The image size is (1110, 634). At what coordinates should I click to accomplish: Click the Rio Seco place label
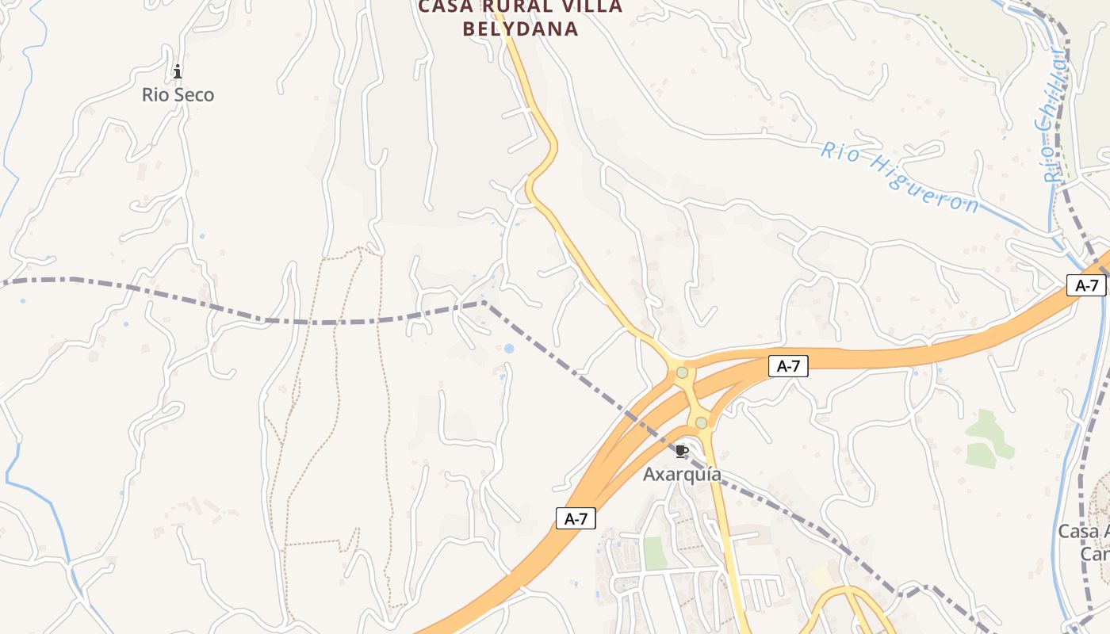[x=178, y=95]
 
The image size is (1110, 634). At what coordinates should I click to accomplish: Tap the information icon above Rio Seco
[x=178, y=72]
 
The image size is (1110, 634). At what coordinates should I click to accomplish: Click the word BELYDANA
[x=520, y=29]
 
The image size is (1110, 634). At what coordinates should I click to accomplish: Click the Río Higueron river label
[x=899, y=177]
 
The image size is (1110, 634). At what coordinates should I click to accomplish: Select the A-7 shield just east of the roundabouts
[x=788, y=366]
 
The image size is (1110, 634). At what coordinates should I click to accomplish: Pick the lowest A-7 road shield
[x=576, y=518]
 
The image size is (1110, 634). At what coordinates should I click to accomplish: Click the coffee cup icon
[x=681, y=452]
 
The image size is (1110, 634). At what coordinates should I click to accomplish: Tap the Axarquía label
[x=682, y=474]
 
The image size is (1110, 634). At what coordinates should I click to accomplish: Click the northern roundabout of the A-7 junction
[x=682, y=372]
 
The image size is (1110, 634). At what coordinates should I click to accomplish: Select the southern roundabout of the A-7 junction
[x=701, y=423]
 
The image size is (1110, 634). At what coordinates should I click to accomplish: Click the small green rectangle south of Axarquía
[x=655, y=553]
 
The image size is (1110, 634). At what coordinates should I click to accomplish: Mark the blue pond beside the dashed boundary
[x=508, y=348]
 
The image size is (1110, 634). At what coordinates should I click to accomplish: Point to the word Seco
[x=194, y=95]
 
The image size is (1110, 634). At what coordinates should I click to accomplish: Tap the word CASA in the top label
[x=446, y=7]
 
